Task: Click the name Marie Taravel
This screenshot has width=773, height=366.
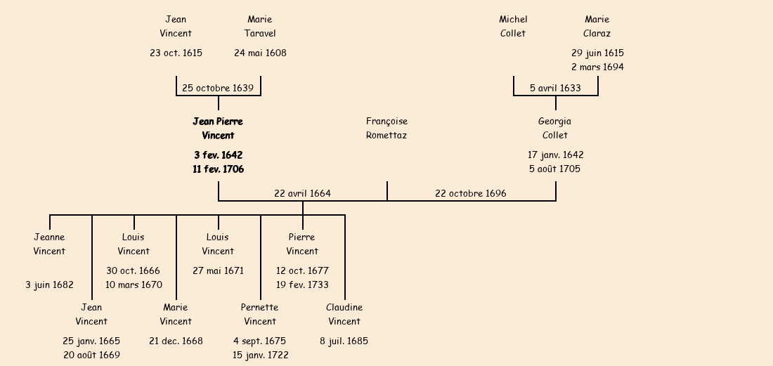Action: point(260,27)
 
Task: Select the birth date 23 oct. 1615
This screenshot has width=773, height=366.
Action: point(176,53)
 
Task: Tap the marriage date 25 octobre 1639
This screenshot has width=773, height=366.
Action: point(218,88)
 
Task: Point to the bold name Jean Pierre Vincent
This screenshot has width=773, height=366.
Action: point(218,129)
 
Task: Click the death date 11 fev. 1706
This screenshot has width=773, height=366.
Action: point(218,169)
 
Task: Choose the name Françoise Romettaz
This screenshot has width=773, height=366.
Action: point(386,129)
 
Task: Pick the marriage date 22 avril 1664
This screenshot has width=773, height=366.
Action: point(302,193)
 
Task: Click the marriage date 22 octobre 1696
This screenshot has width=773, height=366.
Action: point(470,193)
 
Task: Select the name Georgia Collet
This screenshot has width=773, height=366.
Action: point(555,129)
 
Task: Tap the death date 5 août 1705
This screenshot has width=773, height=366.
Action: point(555,169)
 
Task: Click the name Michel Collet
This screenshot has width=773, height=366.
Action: point(513,27)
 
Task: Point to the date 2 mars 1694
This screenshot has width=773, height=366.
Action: point(597,67)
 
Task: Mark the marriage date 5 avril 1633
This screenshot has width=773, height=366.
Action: point(555,88)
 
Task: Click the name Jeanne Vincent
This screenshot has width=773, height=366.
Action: point(49,244)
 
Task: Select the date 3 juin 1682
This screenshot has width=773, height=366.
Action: point(49,285)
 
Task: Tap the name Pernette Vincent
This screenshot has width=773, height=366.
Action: point(260,315)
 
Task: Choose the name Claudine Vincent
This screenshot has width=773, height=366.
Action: point(344,315)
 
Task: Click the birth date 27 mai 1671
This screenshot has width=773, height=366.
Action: point(218,270)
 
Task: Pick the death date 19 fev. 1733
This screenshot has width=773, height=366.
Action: point(302,285)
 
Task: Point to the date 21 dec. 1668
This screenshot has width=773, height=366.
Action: point(176,341)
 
